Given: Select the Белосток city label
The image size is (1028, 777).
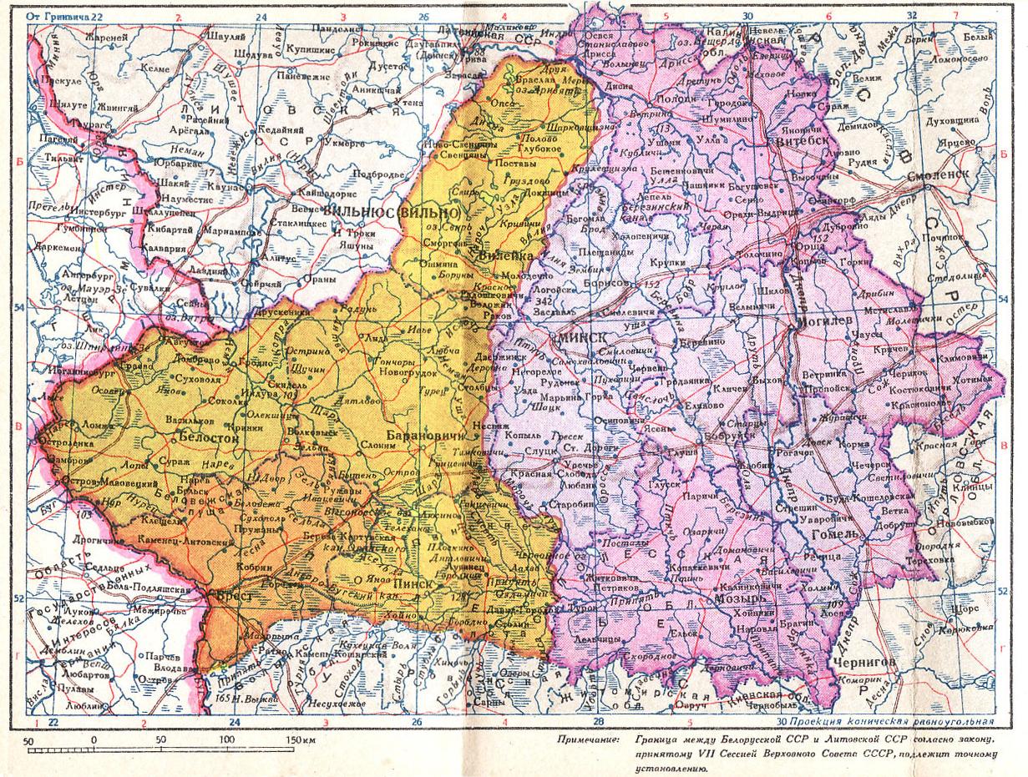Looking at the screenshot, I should (x=205, y=436).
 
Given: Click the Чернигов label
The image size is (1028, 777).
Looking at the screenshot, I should (x=864, y=661).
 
